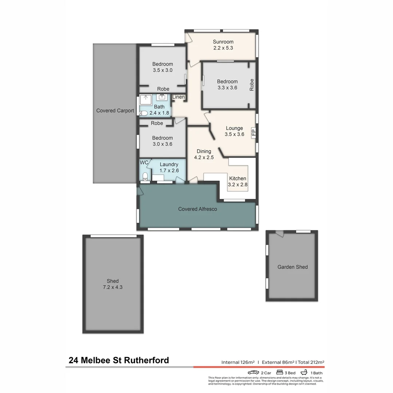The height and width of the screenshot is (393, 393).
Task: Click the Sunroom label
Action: (223, 42)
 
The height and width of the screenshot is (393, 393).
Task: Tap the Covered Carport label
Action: (115, 111)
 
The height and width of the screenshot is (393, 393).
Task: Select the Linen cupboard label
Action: (178, 97)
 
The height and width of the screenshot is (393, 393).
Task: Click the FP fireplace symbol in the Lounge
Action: (253, 131)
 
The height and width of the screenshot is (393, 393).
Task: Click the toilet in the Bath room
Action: (143, 113)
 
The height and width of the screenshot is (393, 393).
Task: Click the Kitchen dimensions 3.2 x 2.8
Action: (237, 184)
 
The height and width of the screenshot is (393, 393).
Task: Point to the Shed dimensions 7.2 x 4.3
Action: (113, 287)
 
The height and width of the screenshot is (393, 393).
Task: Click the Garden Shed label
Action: (293, 267)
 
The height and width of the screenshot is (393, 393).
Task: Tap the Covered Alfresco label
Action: (198, 209)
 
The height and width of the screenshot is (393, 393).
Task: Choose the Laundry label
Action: (169, 164)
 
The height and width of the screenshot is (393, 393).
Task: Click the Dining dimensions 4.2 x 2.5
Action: (204, 158)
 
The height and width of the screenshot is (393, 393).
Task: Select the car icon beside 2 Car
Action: (253, 373)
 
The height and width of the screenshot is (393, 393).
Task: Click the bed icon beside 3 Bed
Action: (280, 373)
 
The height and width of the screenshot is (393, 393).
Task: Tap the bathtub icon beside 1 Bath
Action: (304, 373)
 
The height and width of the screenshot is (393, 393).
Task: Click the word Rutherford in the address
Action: (147, 360)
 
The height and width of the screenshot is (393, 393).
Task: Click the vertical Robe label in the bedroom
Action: (252, 85)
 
